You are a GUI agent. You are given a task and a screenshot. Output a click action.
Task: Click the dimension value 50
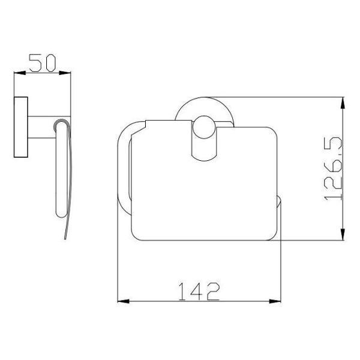(x=42, y=63)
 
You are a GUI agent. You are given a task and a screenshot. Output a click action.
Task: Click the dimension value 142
(x=199, y=292)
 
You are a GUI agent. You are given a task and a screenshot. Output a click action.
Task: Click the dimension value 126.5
(x=333, y=169)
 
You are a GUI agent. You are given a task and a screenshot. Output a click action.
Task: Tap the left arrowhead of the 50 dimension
(x=20, y=73)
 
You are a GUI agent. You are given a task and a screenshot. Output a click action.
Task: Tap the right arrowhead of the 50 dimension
(x=65, y=73)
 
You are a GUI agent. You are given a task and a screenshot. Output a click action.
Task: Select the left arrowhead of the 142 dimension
(x=123, y=301)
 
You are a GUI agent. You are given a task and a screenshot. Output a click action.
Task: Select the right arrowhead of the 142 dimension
(x=275, y=301)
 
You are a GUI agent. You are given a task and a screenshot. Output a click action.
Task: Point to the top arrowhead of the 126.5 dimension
(x=343, y=103)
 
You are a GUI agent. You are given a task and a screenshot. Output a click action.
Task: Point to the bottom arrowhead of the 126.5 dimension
(x=343, y=235)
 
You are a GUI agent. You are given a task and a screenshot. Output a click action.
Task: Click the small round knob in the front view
(x=204, y=127)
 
